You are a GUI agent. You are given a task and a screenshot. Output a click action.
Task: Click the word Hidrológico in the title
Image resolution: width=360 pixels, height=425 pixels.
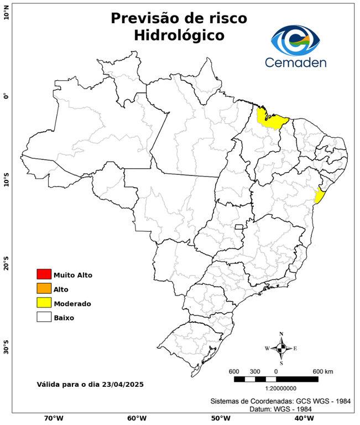179,35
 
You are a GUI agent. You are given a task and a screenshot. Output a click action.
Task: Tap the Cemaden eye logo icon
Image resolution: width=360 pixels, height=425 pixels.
296,39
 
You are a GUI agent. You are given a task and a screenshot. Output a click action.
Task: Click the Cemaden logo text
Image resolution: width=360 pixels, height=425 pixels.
296,62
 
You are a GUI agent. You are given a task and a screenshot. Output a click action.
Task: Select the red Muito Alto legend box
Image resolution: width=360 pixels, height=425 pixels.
44,274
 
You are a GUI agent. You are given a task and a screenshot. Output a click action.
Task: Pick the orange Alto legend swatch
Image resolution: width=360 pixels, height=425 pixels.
44,289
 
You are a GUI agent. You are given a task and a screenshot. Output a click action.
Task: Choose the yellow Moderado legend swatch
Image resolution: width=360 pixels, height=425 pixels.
44,303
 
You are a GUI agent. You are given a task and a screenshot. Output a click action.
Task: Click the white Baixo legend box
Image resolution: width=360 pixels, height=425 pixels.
44,318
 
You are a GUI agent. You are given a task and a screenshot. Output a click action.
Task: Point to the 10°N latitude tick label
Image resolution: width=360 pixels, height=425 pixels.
6,12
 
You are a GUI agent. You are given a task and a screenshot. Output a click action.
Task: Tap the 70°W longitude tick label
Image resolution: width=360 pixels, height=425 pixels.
53,418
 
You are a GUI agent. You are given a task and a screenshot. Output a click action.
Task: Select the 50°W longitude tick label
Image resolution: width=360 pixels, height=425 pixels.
220,418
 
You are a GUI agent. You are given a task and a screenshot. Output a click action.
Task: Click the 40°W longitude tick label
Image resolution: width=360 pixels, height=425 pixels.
304,418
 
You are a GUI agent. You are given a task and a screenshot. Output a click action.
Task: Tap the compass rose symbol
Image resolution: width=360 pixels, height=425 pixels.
281,348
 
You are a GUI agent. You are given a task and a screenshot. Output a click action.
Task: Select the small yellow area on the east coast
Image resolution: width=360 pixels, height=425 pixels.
319,196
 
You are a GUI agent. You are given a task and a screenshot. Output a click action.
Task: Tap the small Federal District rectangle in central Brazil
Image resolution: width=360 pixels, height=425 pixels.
239,227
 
